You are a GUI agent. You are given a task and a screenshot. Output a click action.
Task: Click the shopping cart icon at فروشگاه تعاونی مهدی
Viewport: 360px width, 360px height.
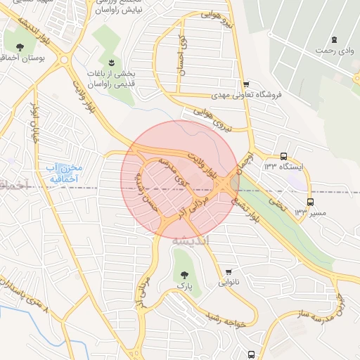pos(245,84)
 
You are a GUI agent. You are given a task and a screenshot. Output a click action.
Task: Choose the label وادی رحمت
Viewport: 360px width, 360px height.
pos(334,51)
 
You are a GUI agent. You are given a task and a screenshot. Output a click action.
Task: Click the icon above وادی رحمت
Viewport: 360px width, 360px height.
pos(334,39)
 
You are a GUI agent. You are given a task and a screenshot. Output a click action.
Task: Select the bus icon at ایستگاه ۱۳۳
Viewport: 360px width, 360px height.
pos(283,156)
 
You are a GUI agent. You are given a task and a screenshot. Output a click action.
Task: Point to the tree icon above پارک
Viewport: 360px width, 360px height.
pos(184,275)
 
